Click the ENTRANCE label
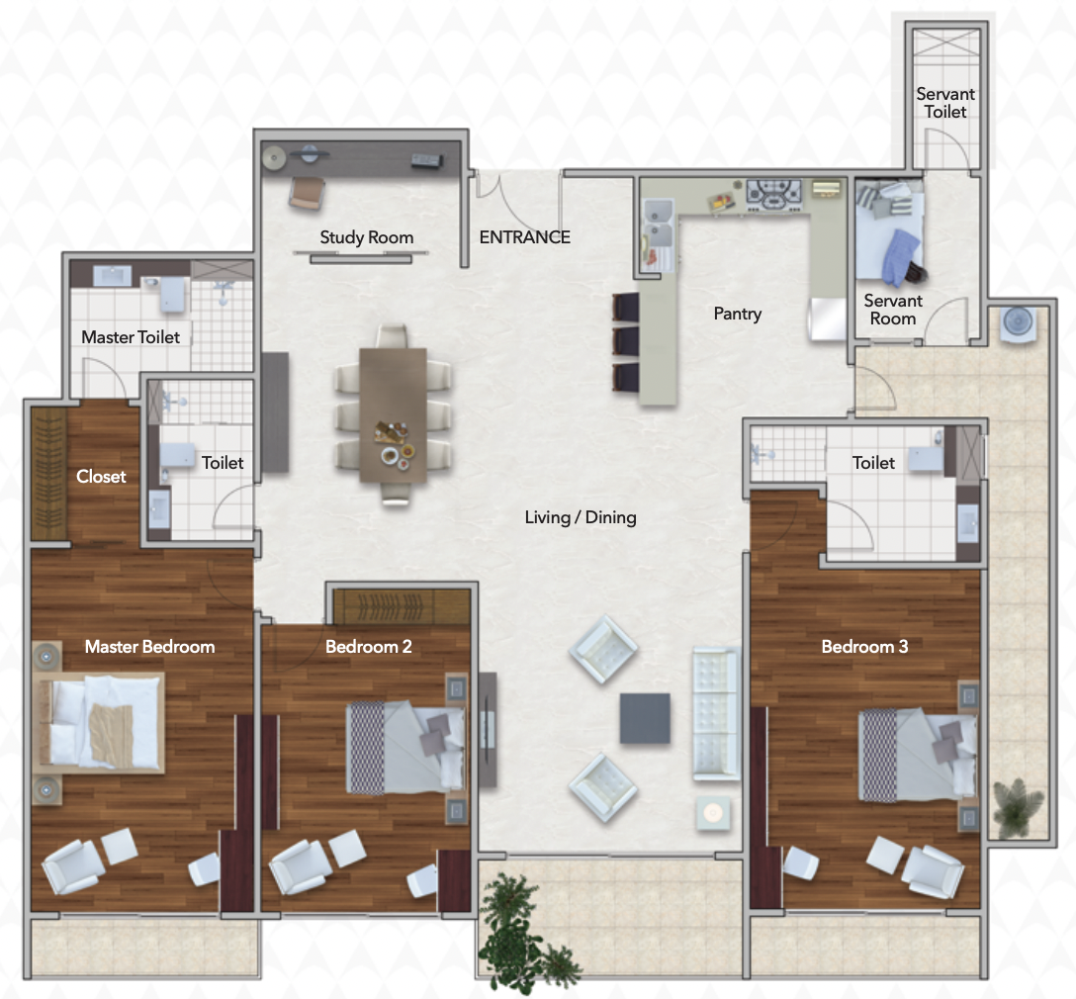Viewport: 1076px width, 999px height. click(x=525, y=237)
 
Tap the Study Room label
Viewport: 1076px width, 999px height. click(x=367, y=237)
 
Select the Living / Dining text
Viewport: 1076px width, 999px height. click(x=581, y=517)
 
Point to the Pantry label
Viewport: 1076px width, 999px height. click(x=738, y=314)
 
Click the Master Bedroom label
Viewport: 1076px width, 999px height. click(x=149, y=646)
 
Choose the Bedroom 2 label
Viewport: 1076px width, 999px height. click(x=369, y=646)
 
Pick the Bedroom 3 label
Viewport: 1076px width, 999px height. click(x=864, y=646)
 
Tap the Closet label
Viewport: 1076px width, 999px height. click(x=101, y=476)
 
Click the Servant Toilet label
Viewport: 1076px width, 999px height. click(x=945, y=103)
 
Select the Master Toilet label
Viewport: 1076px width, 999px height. click(x=131, y=337)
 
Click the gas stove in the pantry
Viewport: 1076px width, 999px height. click(x=774, y=194)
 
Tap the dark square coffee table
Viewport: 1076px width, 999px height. click(x=645, y=718)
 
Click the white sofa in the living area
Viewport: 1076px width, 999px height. click(x=716, y=713)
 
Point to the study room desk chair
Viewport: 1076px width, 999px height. click(x=306, y=193)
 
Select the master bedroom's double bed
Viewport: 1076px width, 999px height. click(x=100, y=722)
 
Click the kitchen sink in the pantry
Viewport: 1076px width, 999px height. click(x=658, y=223)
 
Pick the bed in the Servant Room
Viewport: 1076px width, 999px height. click(x=889, y=230)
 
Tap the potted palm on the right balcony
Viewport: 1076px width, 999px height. click(x=1019, y=808)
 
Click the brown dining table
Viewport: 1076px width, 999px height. click(x=394, y=415)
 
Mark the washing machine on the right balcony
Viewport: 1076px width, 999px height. click(x=1018, y=322)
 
